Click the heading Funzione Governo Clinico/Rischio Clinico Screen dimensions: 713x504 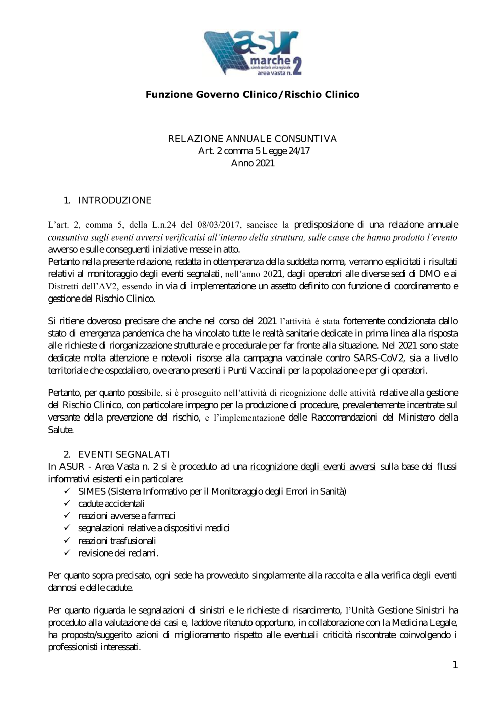pyautogui.click(x=253, y=95)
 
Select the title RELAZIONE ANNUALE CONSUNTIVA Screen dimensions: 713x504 pyautogui.click(x=253, y=139)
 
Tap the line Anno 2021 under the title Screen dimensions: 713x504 pyautogui.click(x=253, y=163)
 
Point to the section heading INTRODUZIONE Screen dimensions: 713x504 pyautogui.click(x=114, y=201)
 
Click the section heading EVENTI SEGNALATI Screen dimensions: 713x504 pyautogui.click(x=123, y=455)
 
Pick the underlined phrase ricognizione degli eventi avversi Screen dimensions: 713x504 pyautogui.click(x=312, y=467)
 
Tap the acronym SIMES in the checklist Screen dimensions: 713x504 pyautogui.click(x=92, y=492)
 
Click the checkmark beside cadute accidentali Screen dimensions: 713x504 pyautogui.click(x=67, y=504)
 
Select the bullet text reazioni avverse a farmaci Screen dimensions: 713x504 pyautogui.click(x=127, y=516)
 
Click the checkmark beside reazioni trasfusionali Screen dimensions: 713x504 pyautogui.click(x=67, y=541)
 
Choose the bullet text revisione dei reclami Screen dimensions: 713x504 pyautogui.click(x=118, y=553)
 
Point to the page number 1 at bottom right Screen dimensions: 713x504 pyautogui.click(x=455, y=665)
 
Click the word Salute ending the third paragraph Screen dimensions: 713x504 pyautogui.click(x=60, y=430)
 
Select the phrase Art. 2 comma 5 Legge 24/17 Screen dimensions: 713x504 pyautogui.click(x=254, y=151)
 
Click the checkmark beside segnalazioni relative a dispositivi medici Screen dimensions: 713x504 pyautogui.click(x=67, y=528)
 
